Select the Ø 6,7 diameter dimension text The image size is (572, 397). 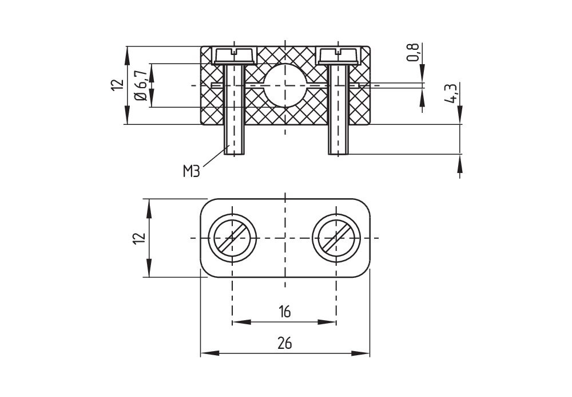click(140, 85)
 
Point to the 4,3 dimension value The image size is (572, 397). click(451, 93)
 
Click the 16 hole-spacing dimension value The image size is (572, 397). click(284, 312)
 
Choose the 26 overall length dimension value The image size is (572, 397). click(284, 344)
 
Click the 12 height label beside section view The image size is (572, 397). click(117, 85)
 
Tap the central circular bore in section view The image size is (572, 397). click(284, 85)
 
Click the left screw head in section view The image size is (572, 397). click(234, 55)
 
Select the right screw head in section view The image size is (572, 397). click(339, 55)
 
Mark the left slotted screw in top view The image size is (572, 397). click(232, 237)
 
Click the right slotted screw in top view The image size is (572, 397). click(336, 237)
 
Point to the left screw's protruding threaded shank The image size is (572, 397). click(234, 140)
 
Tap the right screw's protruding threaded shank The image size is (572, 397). click(339, 140)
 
